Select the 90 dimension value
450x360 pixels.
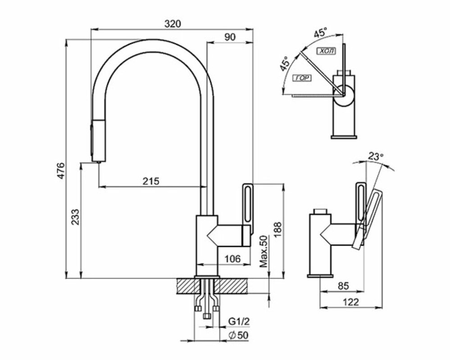230,37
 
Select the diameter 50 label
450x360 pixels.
239,335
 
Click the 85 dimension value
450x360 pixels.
343,285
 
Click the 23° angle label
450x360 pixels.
375,157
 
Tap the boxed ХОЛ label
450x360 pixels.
326,51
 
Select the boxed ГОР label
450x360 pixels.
301,78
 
